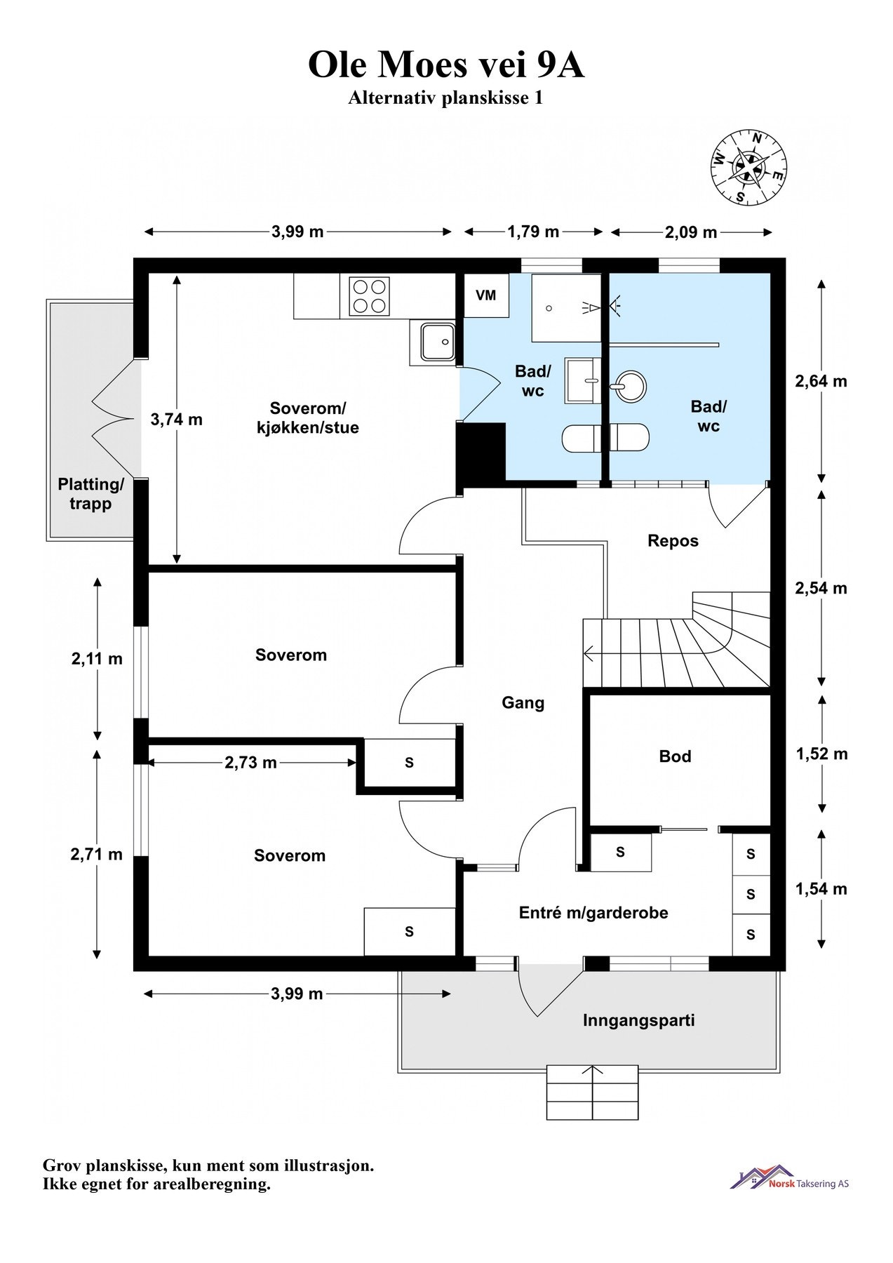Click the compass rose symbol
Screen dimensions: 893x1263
tap(748, 167)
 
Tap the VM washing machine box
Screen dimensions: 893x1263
tap(486, 295)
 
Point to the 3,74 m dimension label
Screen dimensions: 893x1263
tap(177, 420)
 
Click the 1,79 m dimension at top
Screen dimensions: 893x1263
tap(533, 232)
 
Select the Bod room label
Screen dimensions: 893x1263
tap(675, 756)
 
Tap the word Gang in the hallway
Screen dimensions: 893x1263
tap(523, 703)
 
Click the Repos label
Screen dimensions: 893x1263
tap(673, 541)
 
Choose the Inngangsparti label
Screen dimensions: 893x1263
tap(638, 1020)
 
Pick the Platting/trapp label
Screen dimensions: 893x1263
tap(90, 494)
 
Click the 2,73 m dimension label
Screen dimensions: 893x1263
tap(250, 763)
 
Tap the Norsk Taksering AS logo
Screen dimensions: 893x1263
tap(790, 1177)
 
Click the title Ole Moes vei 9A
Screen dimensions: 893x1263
tap(446, 65)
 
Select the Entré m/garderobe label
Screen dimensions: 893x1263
tap(593, 913)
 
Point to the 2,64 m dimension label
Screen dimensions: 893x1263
tap(821, 382)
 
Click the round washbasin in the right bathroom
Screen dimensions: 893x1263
tap(628, 387)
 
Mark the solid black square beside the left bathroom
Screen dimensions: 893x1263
tap(481, 452)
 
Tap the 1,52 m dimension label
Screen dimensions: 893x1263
tap(821, 754)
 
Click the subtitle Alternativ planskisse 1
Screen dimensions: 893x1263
tap(445, 98)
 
